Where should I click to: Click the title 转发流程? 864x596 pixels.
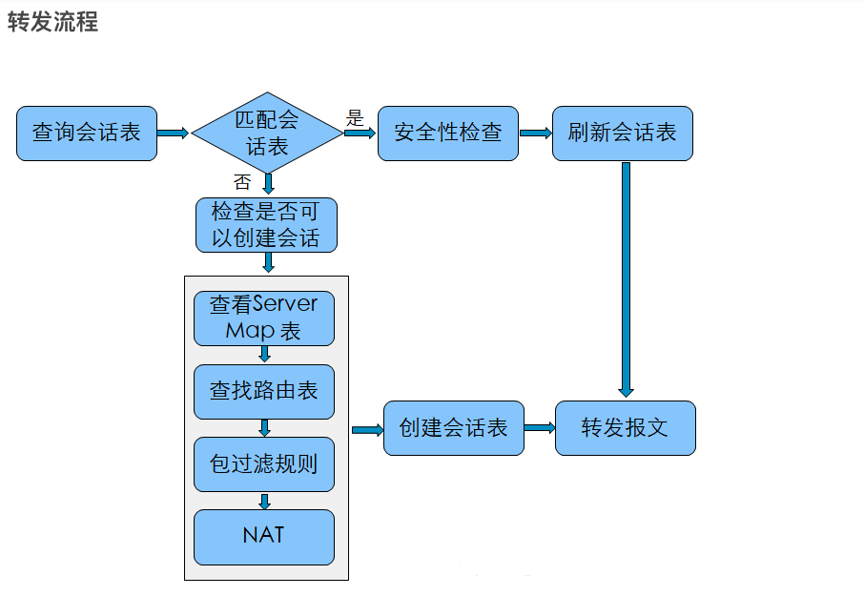(x=52, y=23)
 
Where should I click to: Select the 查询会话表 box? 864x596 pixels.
(x=87, y=134)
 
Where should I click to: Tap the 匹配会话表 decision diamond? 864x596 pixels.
(x=267, y=133)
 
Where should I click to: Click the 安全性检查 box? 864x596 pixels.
(x=448, y=134)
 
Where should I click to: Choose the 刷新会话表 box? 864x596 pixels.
(x=623, y=134)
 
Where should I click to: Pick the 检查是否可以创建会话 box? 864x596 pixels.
(x=266, y=225)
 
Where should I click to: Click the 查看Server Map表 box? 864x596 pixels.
(x=264, y=319)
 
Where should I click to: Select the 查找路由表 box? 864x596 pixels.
(x=264, y=392)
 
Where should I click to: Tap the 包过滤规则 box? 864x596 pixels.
(x=264, y=464)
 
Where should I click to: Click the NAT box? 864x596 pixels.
(x=264, y=537)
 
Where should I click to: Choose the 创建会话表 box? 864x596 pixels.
(x=454, y=428)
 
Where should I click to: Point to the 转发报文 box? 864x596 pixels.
(x=626, y=428)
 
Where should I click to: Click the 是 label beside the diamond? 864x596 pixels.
(x=355, y=117)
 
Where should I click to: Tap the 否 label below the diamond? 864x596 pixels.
(x=242, y=182)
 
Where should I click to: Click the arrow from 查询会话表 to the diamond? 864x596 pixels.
(x=173, y=134)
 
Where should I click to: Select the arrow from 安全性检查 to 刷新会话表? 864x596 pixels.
(x=536, y=134)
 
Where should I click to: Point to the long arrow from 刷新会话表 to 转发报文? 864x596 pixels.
(x=626, y=279)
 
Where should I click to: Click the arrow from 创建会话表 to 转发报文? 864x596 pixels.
(x=540, y=428)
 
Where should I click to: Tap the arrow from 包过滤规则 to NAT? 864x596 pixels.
(x=264, y=502)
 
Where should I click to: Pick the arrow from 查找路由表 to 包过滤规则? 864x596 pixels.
(x=264, y=428)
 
